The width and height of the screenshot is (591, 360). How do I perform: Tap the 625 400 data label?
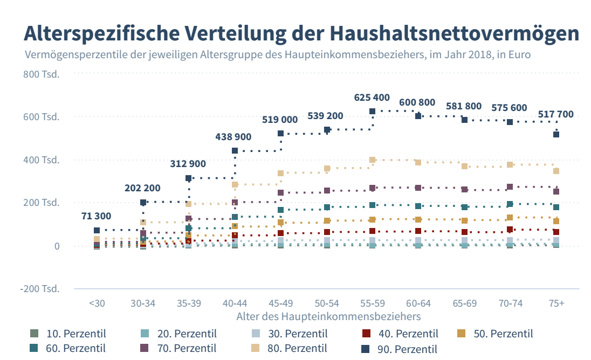(x=372, y=98)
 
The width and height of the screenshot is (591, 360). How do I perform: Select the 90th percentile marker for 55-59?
(x=372, y=112)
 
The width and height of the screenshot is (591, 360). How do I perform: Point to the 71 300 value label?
(x=97, y=216)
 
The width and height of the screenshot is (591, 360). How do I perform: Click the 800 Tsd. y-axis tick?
(x=42, y=73)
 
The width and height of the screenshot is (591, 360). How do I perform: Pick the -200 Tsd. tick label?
(x=40, y=289)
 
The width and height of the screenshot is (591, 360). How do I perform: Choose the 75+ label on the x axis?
(x=556, y=303)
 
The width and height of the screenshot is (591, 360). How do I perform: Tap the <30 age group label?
(x=97, y=303)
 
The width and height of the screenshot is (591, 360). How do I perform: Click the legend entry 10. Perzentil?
(x=68, y=334)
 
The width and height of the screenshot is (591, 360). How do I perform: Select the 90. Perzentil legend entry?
(x=401, y=349)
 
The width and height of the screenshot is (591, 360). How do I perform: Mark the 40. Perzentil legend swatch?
(x=366, y=334)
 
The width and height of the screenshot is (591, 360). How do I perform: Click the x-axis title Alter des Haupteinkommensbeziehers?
(x=328, y=316)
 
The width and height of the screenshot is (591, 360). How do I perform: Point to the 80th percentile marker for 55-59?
(x=372, y=160)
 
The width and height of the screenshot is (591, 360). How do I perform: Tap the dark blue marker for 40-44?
(x=235, y=150)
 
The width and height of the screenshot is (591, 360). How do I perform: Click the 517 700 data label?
(x=556, y=114)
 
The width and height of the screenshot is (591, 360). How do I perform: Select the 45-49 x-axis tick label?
(x=280, y=303)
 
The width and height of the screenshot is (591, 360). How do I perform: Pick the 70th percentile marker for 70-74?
(x=510, y=187)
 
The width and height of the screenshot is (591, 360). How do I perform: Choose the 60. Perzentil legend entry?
(x=68, y=348)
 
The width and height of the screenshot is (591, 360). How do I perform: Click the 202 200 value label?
(x=142, y=188)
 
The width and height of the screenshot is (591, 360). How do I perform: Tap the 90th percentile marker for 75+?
(x=556, y=134)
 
